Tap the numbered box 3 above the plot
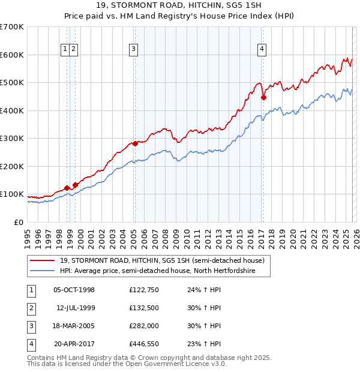pos(133,50)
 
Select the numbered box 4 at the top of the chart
pos(262,50)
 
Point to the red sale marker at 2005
pos(135,143)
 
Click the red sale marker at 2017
pos(263,97)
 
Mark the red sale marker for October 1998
pos(67,188)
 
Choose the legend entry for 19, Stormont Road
pos(163,260)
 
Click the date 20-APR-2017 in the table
pos(74,344)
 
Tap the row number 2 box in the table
pos(30,308)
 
